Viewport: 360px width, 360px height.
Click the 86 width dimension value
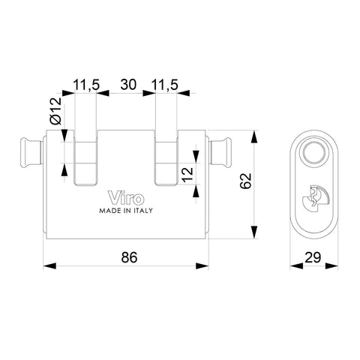(x=129, y=257)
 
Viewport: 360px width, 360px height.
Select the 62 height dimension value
(x=245, y=181)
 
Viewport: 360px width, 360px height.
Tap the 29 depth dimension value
(x=313, y=257)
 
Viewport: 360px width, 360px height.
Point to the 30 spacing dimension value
(x=128, y=85)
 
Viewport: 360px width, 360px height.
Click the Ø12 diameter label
(x=55, y=111)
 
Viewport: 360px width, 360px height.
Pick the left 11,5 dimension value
(x=86, y=85)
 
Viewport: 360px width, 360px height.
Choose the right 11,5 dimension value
(x=165, y=85)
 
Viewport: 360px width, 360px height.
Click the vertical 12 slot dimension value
(x=187, y=174)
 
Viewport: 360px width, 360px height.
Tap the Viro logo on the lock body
(x=126, y=198)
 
